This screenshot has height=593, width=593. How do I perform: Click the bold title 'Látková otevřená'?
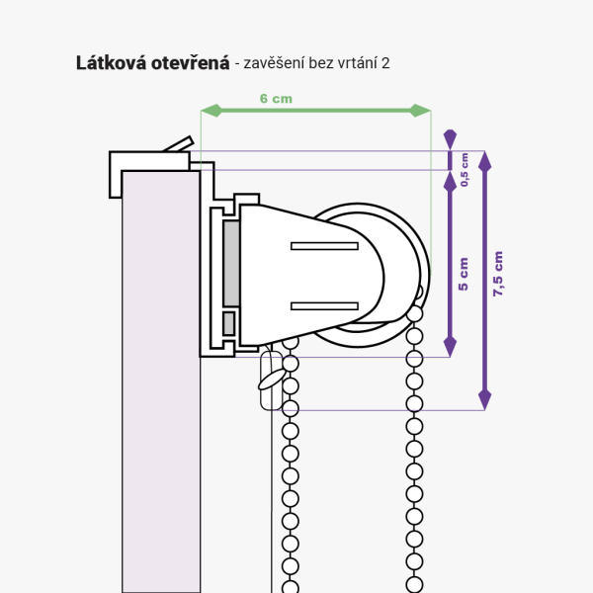click(152, 63)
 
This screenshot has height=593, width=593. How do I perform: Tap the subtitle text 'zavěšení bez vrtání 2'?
click(313, 63)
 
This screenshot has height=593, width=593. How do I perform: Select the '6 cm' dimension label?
click(276, 98)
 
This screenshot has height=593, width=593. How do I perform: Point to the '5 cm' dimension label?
click(464, 273)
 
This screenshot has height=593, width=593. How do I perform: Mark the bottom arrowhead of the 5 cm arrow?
click(450, 347)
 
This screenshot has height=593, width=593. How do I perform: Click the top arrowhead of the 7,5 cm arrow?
click(484, 159)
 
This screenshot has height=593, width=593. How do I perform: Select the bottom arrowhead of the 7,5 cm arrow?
click(484, 399)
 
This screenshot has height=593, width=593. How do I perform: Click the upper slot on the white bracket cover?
click(323, 244)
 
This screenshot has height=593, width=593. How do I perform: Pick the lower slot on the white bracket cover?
click(323, 305)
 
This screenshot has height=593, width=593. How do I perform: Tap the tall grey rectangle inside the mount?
click(231, 264)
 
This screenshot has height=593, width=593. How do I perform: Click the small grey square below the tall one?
click(229, 323)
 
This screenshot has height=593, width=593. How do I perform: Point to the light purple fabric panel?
click(160, 395)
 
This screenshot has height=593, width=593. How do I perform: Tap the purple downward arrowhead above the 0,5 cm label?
click(450, 138)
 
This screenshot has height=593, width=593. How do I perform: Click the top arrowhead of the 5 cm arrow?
click(450, 180)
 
